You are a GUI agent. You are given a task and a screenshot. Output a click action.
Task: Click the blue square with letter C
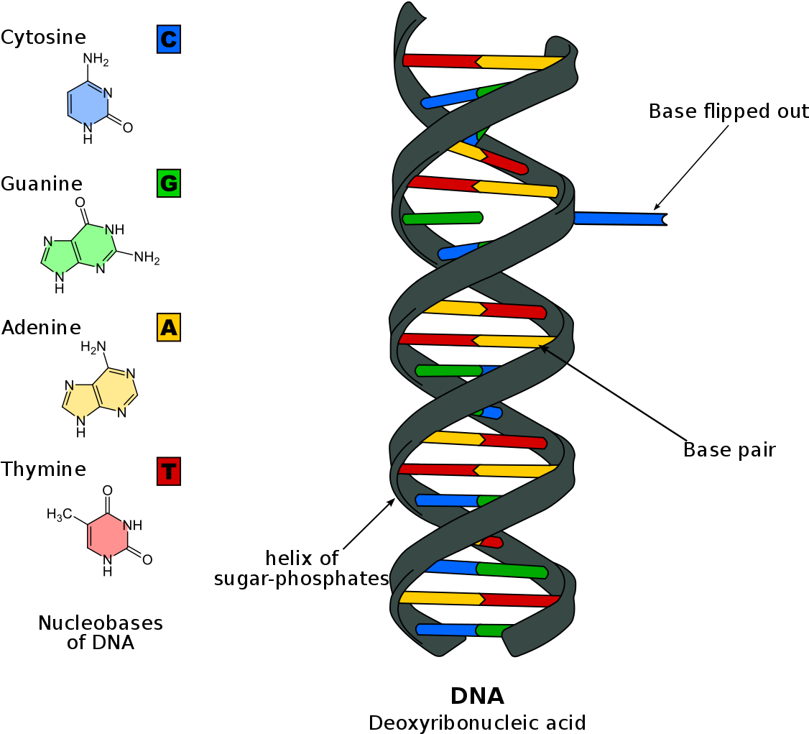[x=168, y=40]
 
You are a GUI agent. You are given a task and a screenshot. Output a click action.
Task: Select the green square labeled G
[x=168, y=183]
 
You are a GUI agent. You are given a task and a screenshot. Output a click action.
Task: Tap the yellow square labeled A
[x=168, y=327]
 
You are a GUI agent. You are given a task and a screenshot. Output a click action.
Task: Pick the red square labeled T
[x=168, y=472]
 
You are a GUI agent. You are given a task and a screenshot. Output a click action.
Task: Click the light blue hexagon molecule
[x=88, y=104]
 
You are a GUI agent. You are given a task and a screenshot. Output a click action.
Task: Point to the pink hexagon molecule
[x=108, y=536]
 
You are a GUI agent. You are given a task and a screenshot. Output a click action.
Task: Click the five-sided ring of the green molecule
[x=60, y=257]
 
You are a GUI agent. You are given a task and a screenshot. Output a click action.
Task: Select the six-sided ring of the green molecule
[x=94, y=245]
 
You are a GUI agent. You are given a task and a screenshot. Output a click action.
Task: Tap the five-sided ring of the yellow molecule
[x=80, y=400]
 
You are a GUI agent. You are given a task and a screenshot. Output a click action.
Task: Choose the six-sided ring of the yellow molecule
[x=115, y=390]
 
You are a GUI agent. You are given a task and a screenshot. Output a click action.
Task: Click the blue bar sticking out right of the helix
[x=618, y=219]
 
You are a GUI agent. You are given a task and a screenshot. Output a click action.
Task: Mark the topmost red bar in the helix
[x=440, y=61]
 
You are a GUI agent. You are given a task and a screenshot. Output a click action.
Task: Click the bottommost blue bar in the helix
[x=445, y=630]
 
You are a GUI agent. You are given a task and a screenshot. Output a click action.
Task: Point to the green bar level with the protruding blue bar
[x=442, y=218]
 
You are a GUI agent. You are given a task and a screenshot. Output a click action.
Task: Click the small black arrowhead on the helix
[x=543, y=349]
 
